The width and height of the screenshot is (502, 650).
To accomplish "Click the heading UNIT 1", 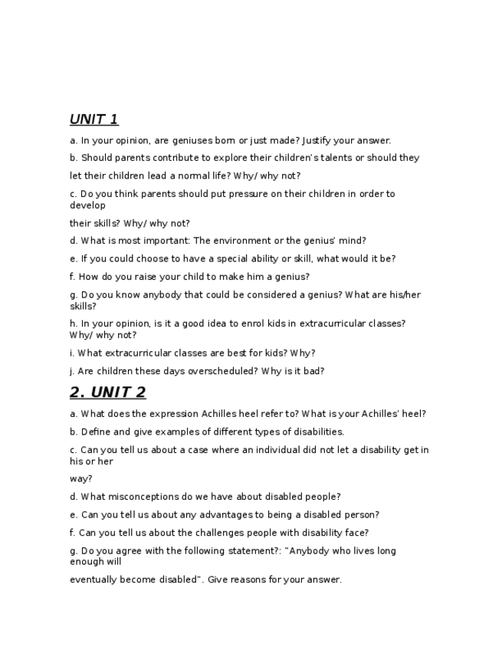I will tap(94, 119).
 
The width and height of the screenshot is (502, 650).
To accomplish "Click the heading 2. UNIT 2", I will tap(107, 392).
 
